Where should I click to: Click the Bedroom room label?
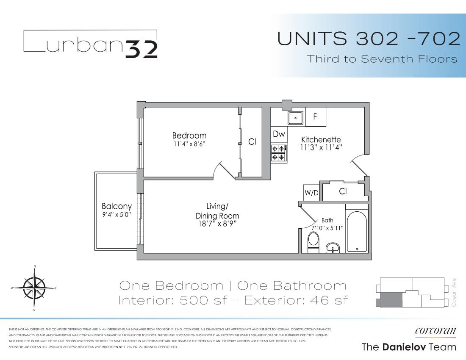[x=189, y=136]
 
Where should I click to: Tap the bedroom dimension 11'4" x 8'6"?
[x=189, y=144]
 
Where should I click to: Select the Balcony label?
[x=116, y=207]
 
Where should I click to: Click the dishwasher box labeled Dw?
[x=279, y=134]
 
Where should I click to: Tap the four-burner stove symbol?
[x=278, y=153]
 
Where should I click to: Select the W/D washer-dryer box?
[x=311, y=193]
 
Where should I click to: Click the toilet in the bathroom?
[x=313, y=243]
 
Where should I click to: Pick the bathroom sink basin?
[x=334, y=248]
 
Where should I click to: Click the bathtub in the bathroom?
[x=357, y=231]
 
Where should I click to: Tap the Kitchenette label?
[x=321, y=140]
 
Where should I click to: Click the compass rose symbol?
[x=34, y=288]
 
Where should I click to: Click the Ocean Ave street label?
[x=454, y=292]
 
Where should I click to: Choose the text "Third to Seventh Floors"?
[x=382, y=59]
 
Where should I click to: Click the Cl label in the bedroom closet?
[x=252, y=142]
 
